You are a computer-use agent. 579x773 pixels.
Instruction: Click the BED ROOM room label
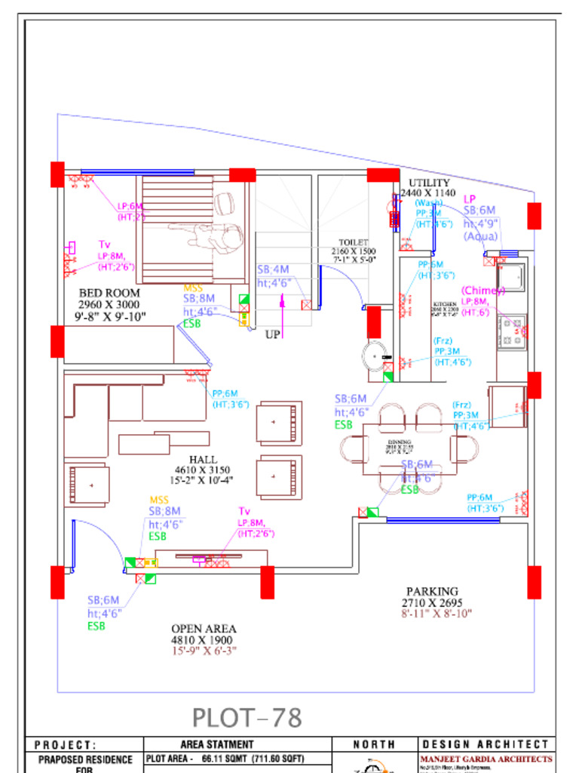click(109, 293)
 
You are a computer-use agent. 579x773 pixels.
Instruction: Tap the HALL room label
click(203, 459)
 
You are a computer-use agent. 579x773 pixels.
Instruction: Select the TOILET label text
click(353, 242)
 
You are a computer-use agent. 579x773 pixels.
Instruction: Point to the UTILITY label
click(429, 183)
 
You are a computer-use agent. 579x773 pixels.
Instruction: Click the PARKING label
click(432, 591)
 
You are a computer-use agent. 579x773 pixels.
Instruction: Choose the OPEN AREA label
click(203, 628)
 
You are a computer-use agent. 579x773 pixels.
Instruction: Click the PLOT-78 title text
click(247, 717)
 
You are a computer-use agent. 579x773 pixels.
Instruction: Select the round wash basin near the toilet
click(375, 355)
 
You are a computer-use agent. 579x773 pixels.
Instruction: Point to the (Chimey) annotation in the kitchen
click(482, 291)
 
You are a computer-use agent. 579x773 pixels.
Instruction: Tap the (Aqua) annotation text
click(480, 236)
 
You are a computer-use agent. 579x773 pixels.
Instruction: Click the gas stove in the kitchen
click(513, 332)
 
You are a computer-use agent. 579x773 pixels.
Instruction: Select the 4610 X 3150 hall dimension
click(203, 470)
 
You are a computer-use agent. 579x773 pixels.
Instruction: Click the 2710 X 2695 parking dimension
click(432, 602)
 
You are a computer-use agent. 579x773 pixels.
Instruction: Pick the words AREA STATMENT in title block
click(217, 744)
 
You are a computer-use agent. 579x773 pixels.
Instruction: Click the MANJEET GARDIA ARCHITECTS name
click(486, 759)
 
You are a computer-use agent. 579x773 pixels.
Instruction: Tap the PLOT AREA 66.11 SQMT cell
click(226, 759)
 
